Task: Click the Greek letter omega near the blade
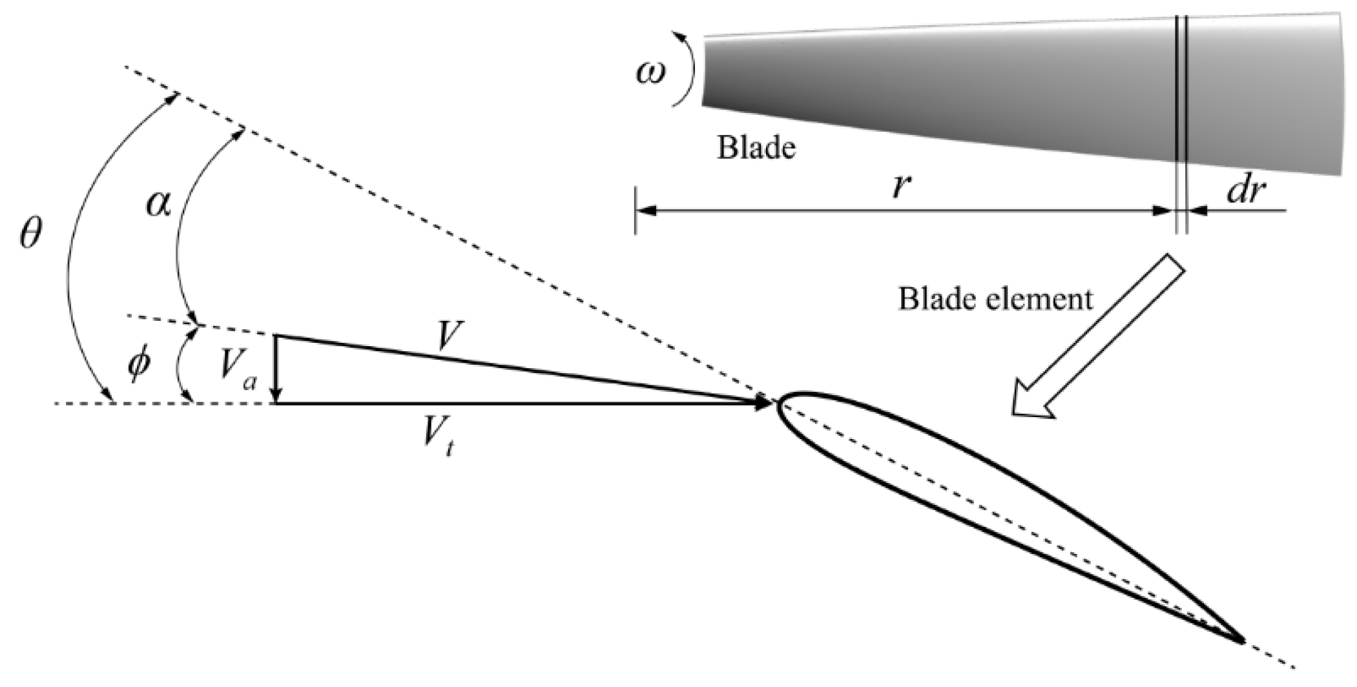click(x=650, y=73)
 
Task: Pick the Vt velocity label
click(x=439, y=440)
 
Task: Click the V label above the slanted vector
click(x=448, y=336)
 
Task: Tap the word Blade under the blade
click(x=756, y=148)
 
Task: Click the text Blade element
click(x=995, y=298)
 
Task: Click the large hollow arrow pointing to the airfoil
click(x=1098, y=336)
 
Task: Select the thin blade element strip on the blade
click(x=1181, y=97)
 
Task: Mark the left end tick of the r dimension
click(x=636, y=210)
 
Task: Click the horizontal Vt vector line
click(x=517, y=404)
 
